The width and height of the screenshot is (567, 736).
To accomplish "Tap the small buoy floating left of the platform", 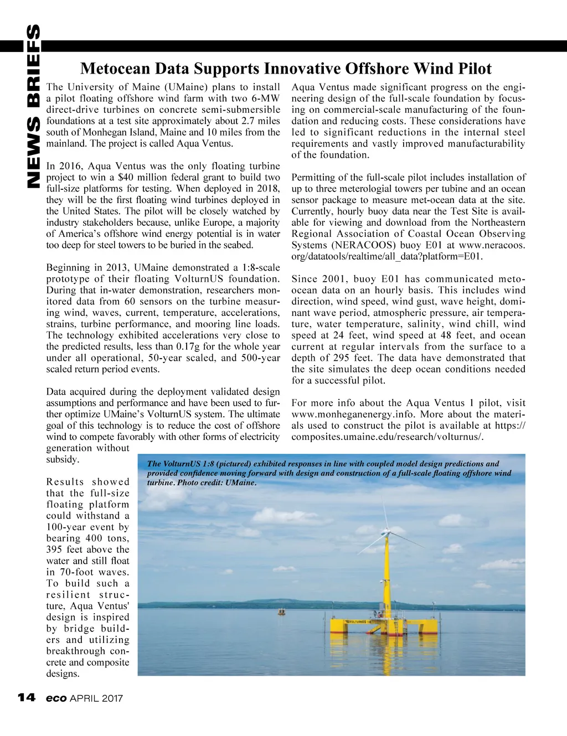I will point(282,612).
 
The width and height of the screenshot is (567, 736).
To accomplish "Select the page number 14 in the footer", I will point(27,697).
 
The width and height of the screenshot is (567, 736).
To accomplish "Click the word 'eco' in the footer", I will point(56,698).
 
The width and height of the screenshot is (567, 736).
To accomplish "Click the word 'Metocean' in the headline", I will point(115,69).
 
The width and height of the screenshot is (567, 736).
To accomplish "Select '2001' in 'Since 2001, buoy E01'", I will point(332,279).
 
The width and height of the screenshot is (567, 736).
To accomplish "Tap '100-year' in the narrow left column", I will point(67,527).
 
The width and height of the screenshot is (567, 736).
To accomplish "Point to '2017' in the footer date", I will point(112,698).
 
